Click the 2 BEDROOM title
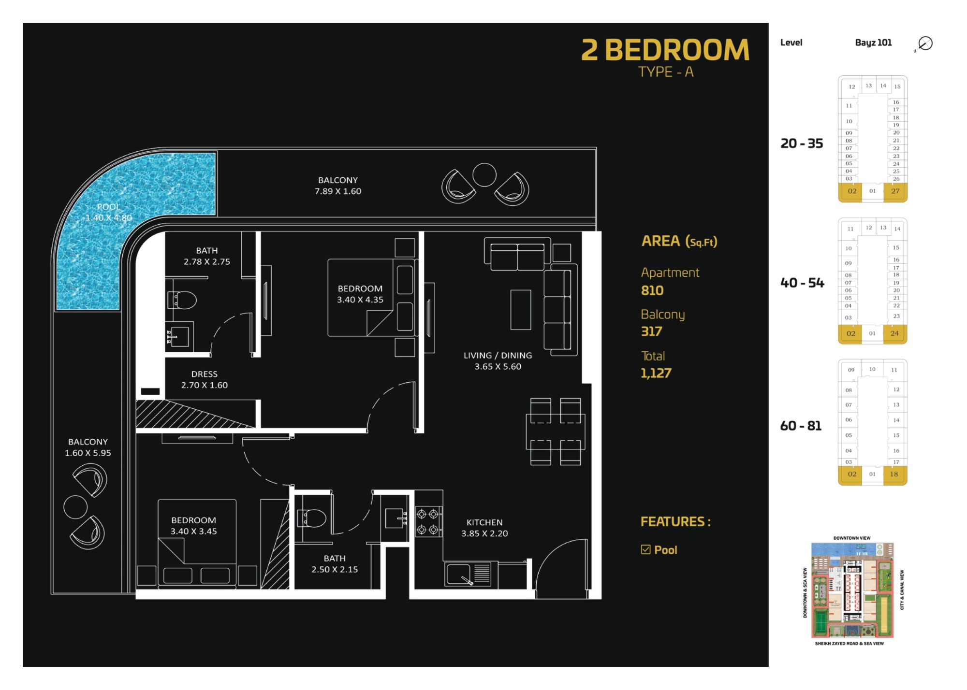point(665,50)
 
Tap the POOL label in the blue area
point(108,207)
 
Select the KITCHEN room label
point(484,522)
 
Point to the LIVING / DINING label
point(498,355)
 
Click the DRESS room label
point(204,374)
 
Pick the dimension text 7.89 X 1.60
point(338,191)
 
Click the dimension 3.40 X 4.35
point(360,300)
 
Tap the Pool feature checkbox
point(645,549)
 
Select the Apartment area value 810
point(652,290)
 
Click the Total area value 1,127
point(656,373)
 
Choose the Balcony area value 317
point(651,331)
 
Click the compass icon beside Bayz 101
point(924,43)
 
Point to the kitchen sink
point(458,575)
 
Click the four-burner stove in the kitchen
point(429,521)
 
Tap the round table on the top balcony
point(484,175)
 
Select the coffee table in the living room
point(521,310)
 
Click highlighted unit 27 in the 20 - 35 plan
point(895,191)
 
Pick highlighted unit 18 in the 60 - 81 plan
point(894,474)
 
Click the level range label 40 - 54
point(802,283)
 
